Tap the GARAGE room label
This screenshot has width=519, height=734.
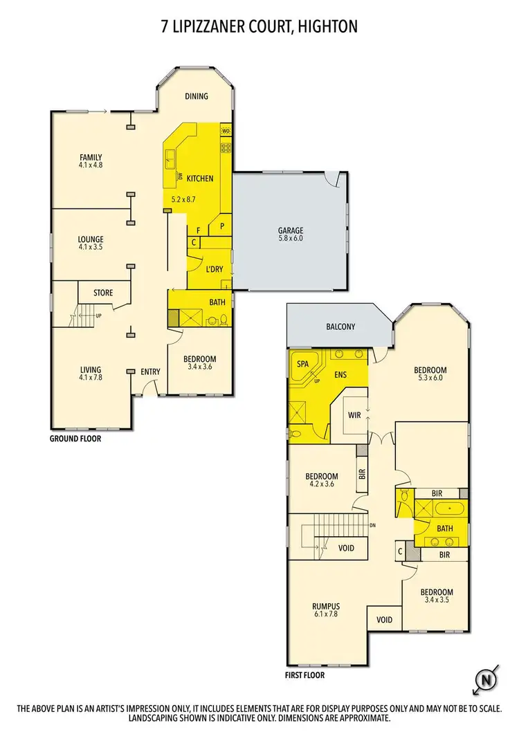point(291,231)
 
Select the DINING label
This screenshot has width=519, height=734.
point(197,96)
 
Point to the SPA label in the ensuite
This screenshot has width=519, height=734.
point(302,364)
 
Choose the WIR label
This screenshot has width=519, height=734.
point(354,415)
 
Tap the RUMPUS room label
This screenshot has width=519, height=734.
point(325,607)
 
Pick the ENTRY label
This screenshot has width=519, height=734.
point(150,371)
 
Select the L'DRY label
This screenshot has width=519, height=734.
point(212,269)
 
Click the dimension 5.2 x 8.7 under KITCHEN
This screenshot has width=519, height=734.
point(184,200)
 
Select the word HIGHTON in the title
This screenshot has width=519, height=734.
point(330,26)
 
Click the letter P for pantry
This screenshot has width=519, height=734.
point(223,226)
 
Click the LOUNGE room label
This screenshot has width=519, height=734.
point(91,240)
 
